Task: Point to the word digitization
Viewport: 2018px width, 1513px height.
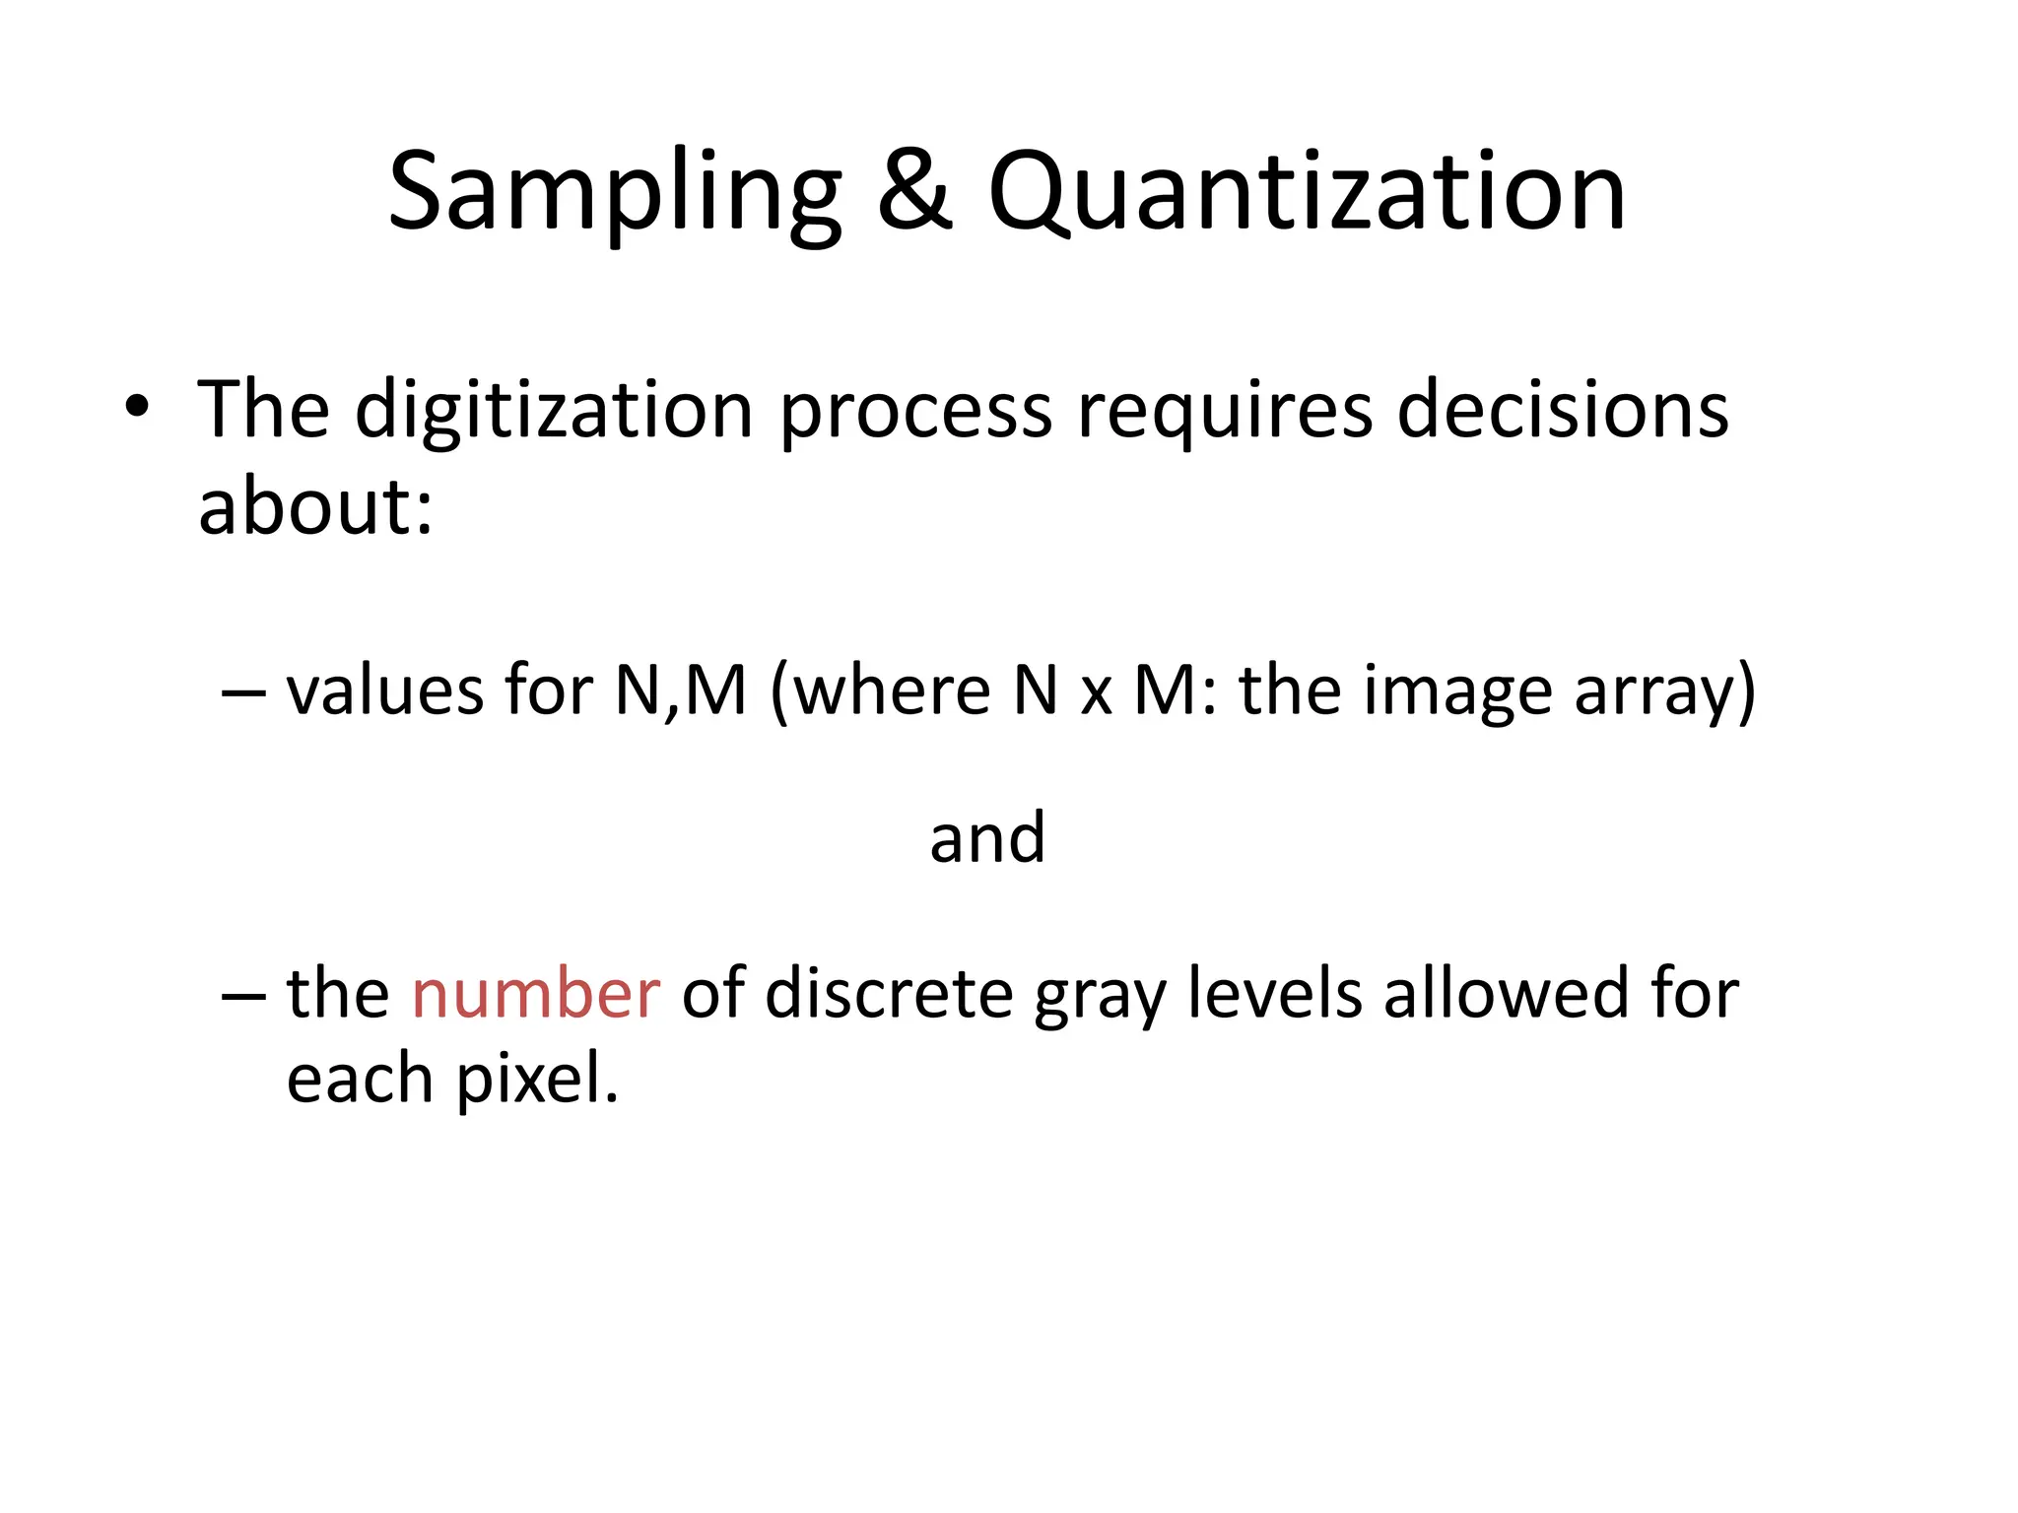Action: (x=555, y=410)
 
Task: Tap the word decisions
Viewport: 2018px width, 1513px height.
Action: (x=1563, y=410)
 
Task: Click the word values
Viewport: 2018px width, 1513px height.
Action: (x=384, y=691)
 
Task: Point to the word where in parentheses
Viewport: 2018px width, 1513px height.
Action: (x=891, y=691)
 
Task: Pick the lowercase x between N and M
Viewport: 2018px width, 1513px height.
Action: (x=1096, y=694)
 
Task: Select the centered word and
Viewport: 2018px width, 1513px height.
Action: (x=987, y=838)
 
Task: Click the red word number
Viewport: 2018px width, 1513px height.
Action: (x=535, y=994)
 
